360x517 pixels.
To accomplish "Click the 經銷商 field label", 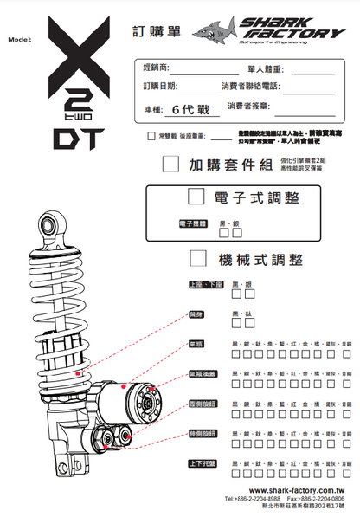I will click(x=157, y=68).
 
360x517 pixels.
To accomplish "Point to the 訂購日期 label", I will click(x=160, y=87).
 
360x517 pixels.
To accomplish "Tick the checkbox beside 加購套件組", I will click(x=170, y=163).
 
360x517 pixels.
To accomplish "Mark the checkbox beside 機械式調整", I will click(x=198, y=258).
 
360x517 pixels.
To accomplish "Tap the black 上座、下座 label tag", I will click(x=206, y=285).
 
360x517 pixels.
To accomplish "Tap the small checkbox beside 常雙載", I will click(x=151, y=136).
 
